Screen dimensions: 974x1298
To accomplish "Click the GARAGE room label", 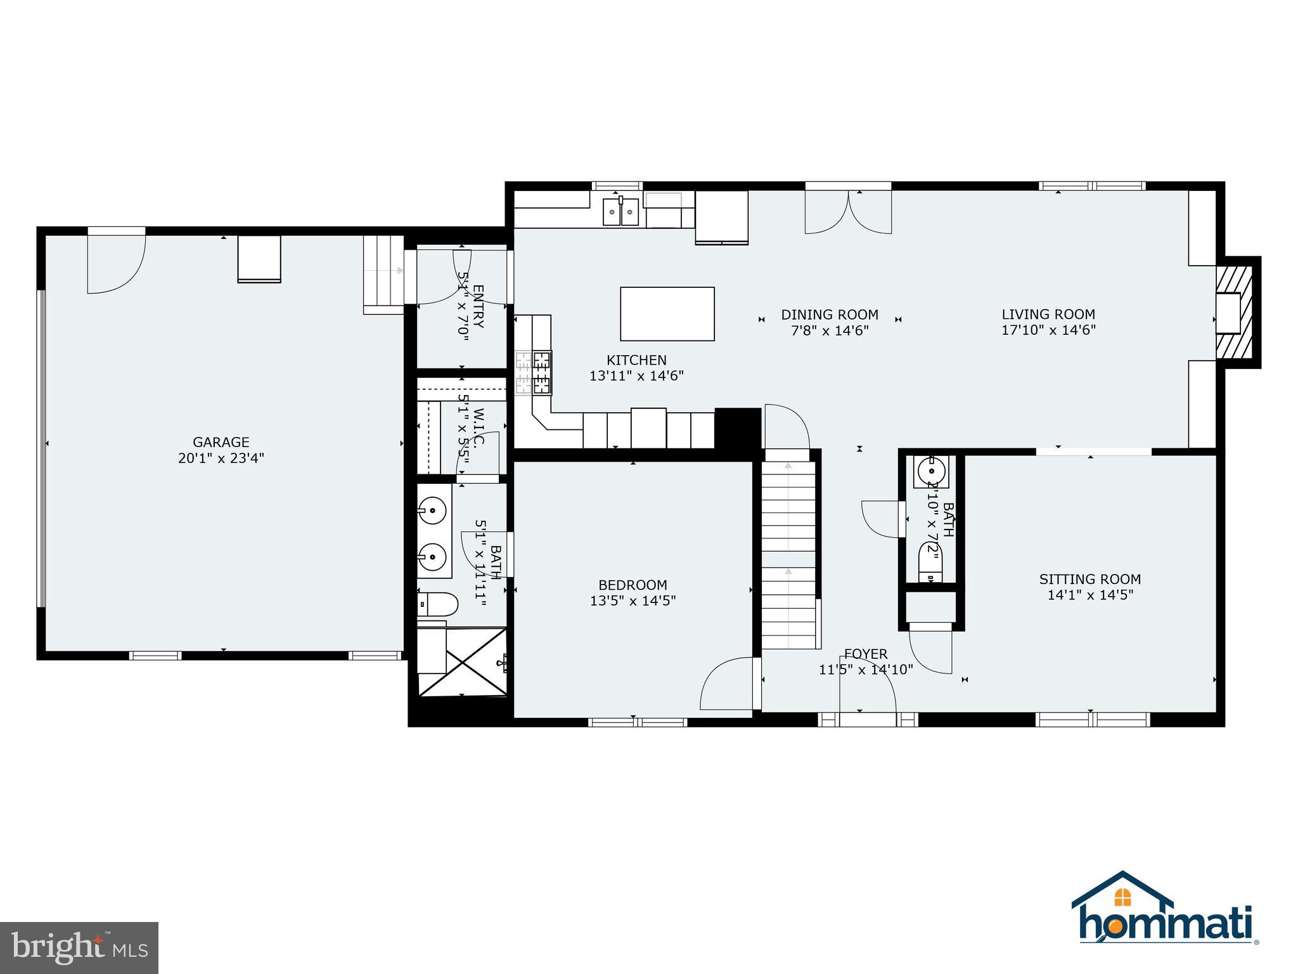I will click(x=221, y=442).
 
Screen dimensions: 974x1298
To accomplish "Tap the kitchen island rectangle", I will click(x=667, y=314).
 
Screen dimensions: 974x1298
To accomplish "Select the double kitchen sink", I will click(x=620, y=211).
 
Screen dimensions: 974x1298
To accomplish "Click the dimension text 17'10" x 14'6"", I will click(x=1048, y=330).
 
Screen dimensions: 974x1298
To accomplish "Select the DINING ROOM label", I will click(x=829, y=315).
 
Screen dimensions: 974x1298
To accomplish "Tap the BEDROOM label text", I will click(x=633, y=585).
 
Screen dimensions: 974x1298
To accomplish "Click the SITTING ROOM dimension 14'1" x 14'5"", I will click(x=1089, y=595).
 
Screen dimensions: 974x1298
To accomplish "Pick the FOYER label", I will click(x=865, y=654).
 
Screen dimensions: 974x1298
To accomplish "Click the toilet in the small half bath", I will click(x=930, y=563).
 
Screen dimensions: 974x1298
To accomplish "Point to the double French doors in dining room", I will click(x=848, y=212).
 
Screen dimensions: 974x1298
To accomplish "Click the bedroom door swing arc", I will click(x=726, y=685).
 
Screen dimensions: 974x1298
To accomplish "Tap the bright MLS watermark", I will click(x=79, y=947).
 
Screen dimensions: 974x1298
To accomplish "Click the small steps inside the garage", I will click(x=383, y=275).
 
